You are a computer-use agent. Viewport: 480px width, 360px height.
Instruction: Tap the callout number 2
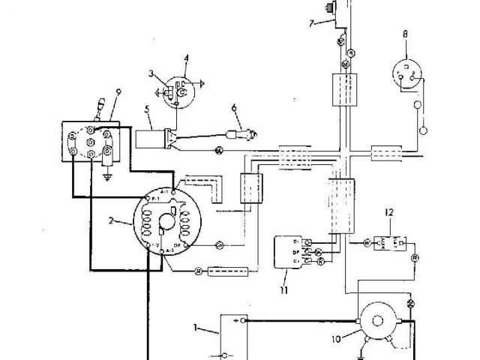coord(111,220)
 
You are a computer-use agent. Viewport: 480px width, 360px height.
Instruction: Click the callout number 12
coord(389,213)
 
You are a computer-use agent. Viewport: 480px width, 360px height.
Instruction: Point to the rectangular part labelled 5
coord(152,139)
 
